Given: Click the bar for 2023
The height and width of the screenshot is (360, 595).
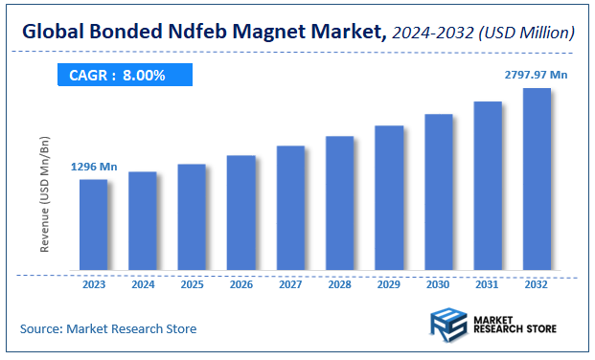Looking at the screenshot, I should [x=93, y=224].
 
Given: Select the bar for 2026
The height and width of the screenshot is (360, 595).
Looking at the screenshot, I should [x=241, y=212].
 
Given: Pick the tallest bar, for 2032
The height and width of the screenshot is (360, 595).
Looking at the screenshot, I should [x=537, y=179].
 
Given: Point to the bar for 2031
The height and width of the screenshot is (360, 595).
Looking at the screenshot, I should [x=488, y=186].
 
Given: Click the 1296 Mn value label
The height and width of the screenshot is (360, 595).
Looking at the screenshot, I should [x=94, y=167].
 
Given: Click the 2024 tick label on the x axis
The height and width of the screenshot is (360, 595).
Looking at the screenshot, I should [x=143, y=283].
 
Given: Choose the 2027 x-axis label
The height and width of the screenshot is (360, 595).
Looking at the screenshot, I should [x=290, y=283].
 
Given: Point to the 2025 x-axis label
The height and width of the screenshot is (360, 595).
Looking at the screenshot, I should [x=192, y=283].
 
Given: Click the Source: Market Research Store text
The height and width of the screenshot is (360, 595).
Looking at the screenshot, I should [x=108, y=328].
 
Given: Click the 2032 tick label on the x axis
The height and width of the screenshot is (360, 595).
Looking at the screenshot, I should [x=538, y=283].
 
